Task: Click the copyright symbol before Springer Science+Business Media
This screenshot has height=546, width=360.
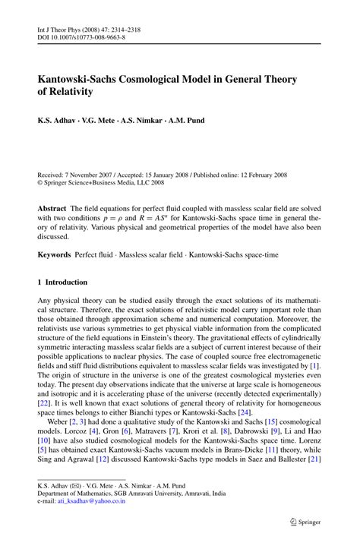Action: coord(41,183)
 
